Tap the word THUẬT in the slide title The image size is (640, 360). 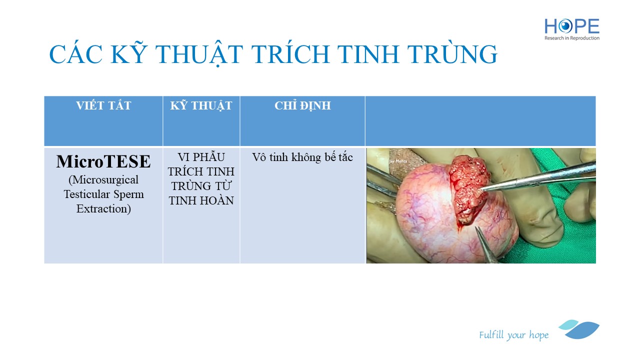[199, 54]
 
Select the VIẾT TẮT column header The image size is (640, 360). [103, 105]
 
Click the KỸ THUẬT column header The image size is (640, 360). [201, 105]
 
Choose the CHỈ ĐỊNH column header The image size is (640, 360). [302, 105]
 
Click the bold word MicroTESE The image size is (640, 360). [103, 161]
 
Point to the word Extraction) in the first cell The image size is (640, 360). [103, 209]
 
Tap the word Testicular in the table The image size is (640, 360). [87, 194]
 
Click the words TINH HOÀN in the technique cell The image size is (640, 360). [201, 200]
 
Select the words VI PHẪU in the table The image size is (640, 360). [201, 157]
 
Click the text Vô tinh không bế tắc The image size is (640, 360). [302, 157]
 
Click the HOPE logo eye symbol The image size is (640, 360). [565, 26]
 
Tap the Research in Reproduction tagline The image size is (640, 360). [571, 38]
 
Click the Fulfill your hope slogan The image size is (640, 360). [513, 335]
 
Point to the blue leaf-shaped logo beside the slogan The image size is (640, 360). [579, 329]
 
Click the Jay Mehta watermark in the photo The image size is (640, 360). [397, 161]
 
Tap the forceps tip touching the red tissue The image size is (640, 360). [481, 189]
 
